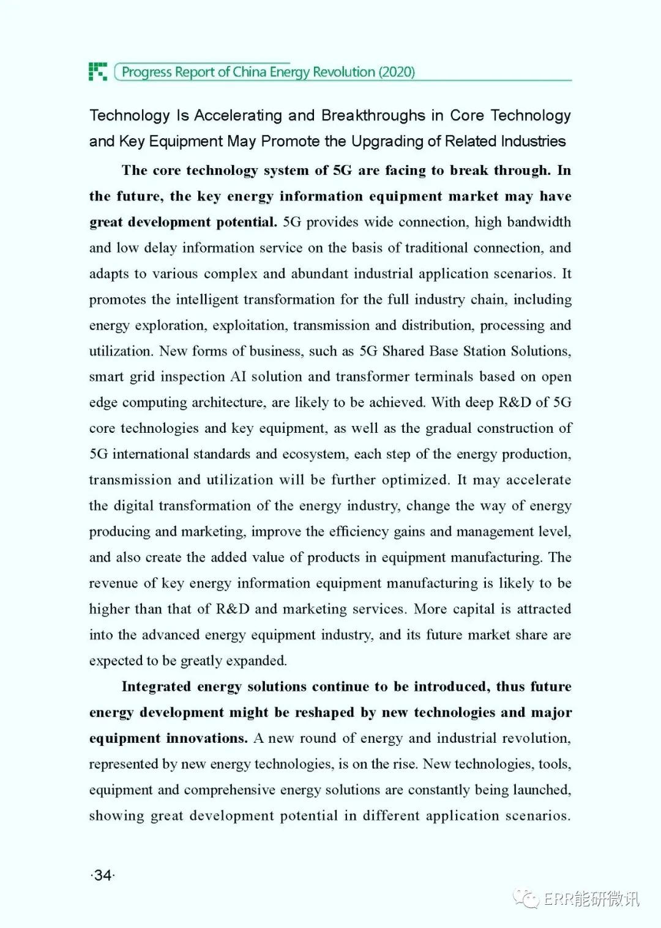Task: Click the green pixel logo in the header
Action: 98,72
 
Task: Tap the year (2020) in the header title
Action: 397,72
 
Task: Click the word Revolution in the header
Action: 343,72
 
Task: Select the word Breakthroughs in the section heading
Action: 373,116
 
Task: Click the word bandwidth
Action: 539,222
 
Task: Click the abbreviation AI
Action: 238,377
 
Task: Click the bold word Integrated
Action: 156,687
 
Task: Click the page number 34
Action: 103,875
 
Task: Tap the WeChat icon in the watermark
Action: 526,897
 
